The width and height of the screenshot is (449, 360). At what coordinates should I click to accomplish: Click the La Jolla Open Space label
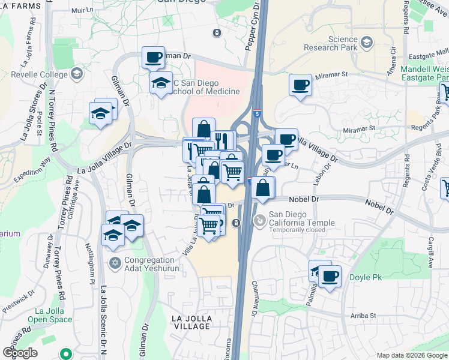[x=53, y=315]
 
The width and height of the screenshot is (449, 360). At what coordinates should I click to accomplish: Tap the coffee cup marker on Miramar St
[x=300, y=85]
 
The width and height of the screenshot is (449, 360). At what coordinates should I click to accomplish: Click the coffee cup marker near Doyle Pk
[x=330, y=276]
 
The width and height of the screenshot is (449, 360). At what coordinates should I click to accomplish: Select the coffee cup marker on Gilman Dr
[x=153, y=58]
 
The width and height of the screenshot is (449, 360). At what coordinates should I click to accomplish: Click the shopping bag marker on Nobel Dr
[x=262, y=187]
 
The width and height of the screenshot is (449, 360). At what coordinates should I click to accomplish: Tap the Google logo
[x=20, y=353]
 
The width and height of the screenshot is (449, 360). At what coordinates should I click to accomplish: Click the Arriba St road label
[x=364, y=315]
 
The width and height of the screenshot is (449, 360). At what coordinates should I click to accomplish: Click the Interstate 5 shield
[x=258, y=113]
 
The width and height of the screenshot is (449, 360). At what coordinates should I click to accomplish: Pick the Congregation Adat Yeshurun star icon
[x=115, y=262]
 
